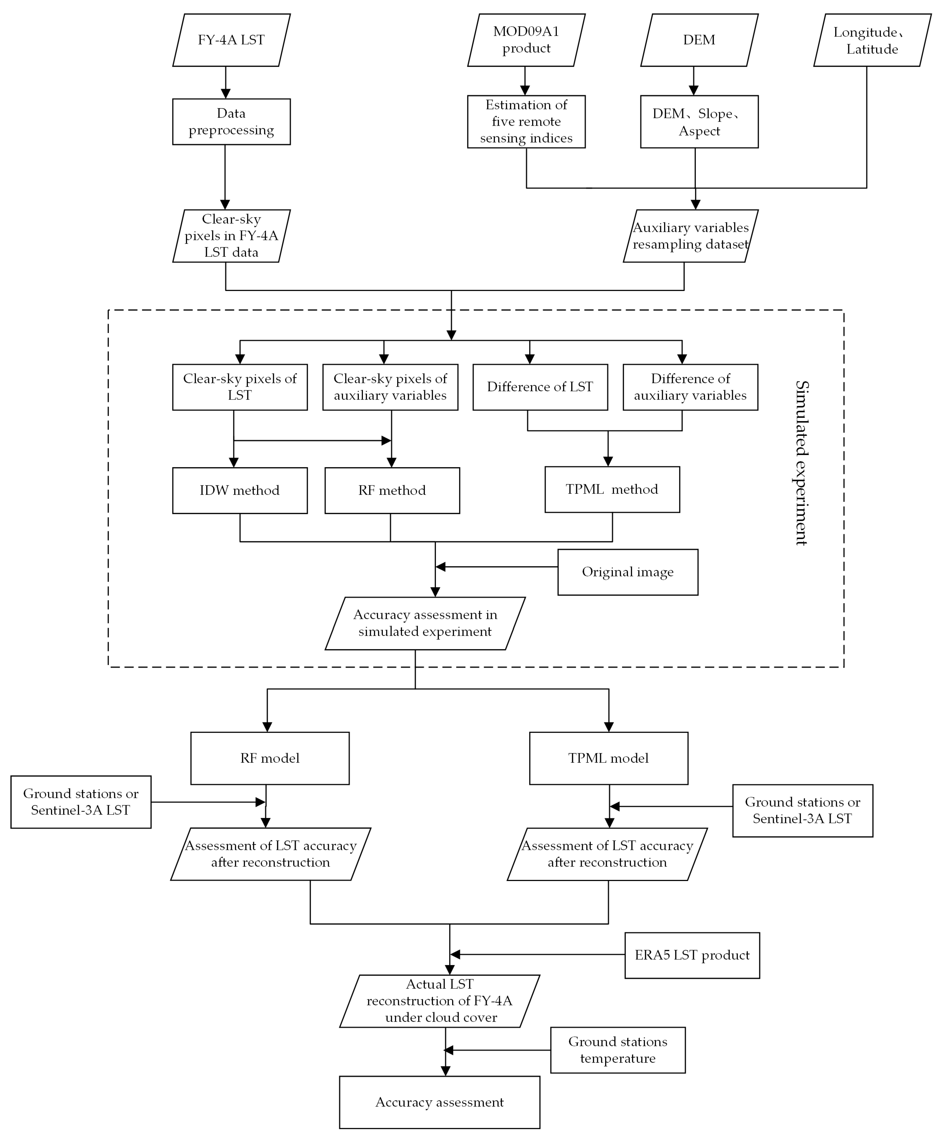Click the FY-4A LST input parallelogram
(x=231, y=40)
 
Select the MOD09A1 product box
(x=526, y=40)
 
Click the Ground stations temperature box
(x=618, y=1050)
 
